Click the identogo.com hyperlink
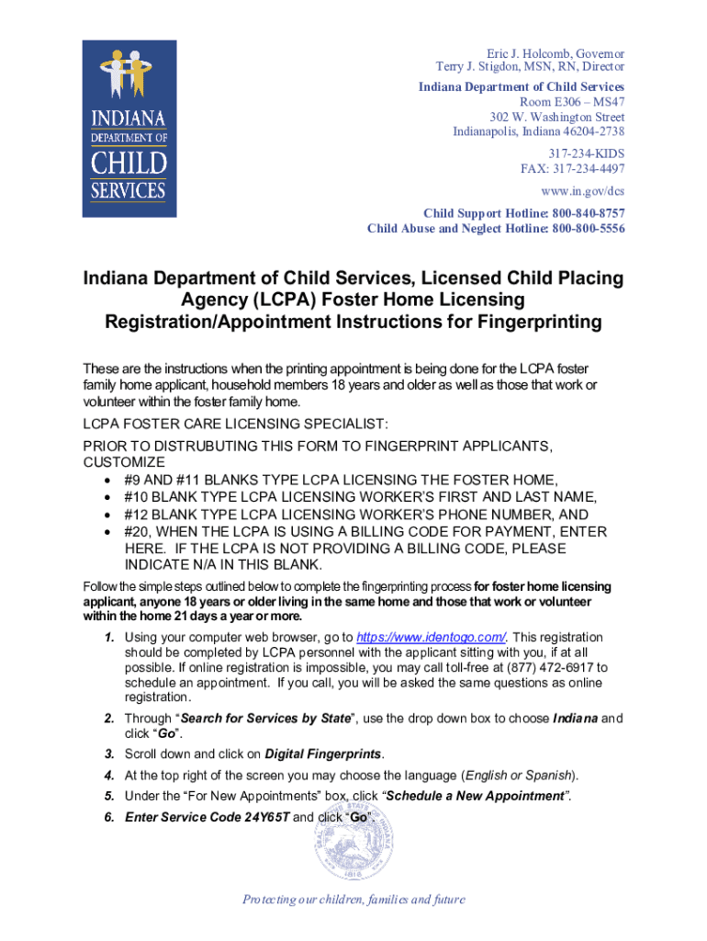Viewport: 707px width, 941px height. click(x=431, y=638)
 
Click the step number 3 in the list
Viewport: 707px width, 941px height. click(x=109, y=754)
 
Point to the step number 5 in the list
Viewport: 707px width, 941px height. click(x=109, y=796)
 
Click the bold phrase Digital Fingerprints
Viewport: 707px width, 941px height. click(x=322, y=754)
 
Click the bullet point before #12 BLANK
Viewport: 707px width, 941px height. click(x=109, y=515)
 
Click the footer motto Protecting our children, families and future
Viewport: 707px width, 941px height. click(x=353, y=900)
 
